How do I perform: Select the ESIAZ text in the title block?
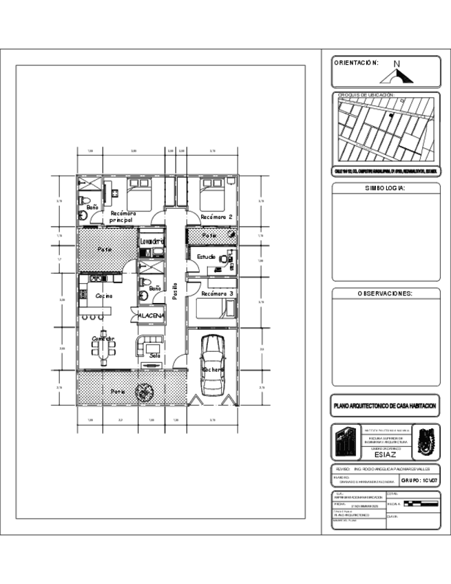385,455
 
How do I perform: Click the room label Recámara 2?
216,217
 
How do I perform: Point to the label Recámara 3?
216,293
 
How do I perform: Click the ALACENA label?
151,315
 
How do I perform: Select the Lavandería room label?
151,242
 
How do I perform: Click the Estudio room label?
207,257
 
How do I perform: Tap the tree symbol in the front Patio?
144,391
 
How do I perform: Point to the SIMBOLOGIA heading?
385,188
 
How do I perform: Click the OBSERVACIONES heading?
385,293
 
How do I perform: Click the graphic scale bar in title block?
420,503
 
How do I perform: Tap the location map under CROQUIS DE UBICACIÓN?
385,129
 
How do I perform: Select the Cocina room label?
105,295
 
